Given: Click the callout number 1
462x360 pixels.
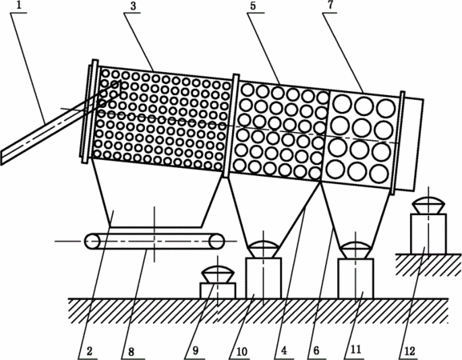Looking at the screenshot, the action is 19,6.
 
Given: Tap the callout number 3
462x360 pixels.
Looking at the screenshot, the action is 133,6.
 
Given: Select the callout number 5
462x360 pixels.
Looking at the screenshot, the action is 253,6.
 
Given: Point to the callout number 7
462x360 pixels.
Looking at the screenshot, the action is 331,6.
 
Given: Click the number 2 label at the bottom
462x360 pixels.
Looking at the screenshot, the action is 90,351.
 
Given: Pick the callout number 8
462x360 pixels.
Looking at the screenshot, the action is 131,351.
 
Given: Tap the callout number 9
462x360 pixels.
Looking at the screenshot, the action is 195,350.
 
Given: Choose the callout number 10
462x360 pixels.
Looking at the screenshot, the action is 242,351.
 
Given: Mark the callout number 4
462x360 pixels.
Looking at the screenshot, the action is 283,350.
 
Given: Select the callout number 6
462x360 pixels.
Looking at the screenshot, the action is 316,350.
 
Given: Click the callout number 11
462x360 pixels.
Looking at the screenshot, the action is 356,350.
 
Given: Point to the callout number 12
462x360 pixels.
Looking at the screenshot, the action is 409,351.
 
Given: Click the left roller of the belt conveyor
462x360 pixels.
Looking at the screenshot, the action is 92,242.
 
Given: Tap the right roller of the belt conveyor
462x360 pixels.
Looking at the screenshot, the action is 216,242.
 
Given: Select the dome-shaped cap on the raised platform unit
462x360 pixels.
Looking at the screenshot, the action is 428,202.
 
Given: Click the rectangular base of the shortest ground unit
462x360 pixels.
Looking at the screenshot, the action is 218,290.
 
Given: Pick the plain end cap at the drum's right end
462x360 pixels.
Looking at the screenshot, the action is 412,144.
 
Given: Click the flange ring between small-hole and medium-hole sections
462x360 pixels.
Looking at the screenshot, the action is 231,126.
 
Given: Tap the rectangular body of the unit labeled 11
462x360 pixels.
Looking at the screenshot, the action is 356,278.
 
